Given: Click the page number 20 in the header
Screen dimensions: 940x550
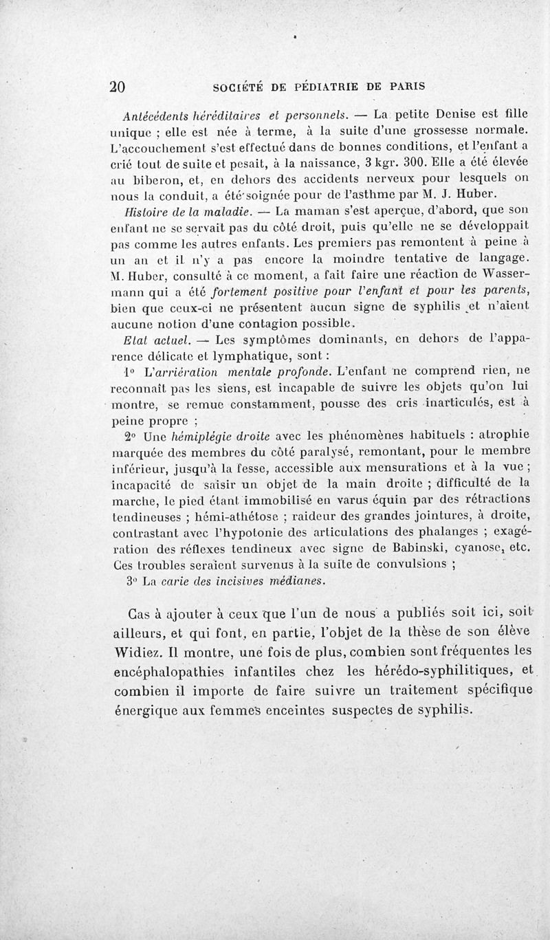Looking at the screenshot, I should pos(117,87).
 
